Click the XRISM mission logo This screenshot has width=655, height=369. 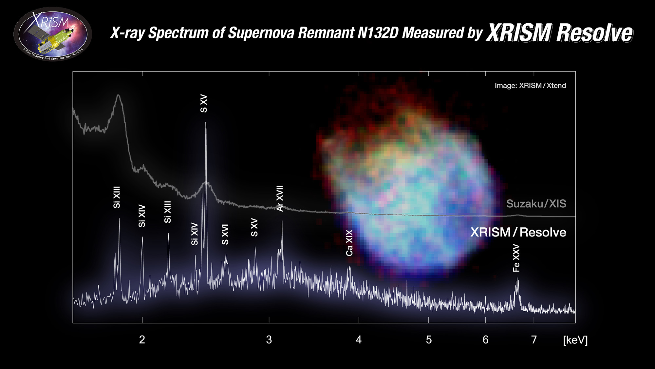[52, 34]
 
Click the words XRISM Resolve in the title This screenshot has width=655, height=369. [559, 33]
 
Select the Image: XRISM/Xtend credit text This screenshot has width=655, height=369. [530, 86]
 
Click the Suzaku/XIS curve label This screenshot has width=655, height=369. [536, 204]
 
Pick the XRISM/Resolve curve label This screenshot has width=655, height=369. [518, 232]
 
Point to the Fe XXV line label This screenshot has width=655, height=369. [516, 258]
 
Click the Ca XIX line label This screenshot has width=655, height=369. [349, 243]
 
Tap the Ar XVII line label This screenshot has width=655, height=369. [280, 198]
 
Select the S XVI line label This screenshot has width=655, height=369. [225, 234]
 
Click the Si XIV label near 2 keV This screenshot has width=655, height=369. [142, 216]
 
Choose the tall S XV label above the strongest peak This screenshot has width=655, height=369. [204, 104]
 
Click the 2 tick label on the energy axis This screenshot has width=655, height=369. [142, 340]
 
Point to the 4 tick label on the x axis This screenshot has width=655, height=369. [359, 340]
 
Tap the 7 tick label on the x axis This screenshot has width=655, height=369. [534, 340]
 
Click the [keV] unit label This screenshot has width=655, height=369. [575, 340]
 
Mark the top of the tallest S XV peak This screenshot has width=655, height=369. [206, 123]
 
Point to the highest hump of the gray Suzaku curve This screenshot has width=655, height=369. [118, 95]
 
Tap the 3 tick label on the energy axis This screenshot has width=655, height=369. [269, 340]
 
